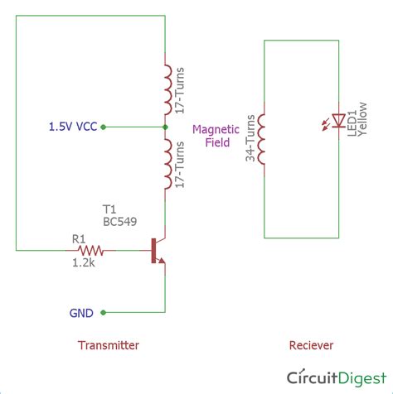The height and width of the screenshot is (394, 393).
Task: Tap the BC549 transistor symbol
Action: [x=157, y=251]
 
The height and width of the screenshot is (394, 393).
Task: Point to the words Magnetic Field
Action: [x=216, y=135]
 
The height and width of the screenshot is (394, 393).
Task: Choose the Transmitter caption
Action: [x=108, y=345]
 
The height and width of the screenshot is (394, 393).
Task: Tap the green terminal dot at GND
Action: [x=104, y=312]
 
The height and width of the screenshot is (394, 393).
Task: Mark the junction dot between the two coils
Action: [x=165, y=127]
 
